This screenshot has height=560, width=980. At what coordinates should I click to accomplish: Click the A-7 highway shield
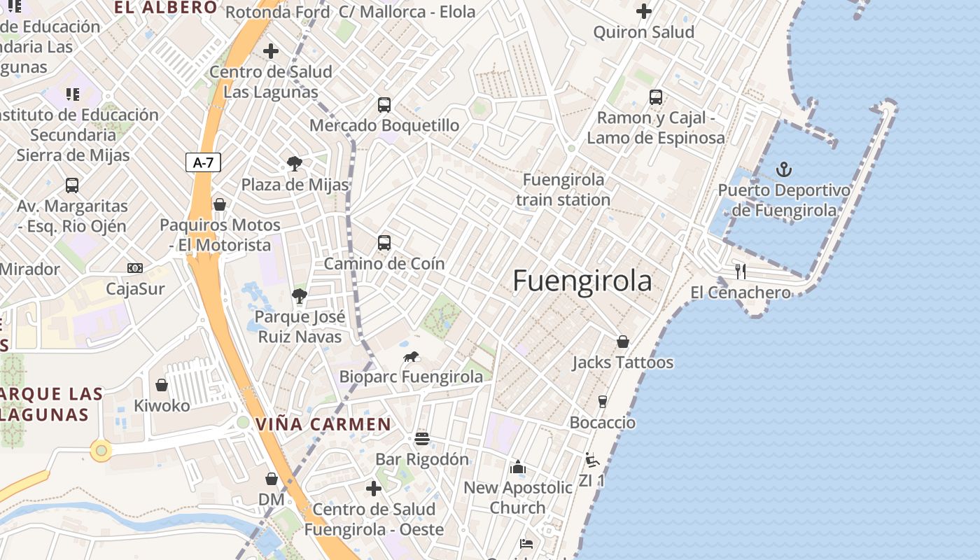[203, 163]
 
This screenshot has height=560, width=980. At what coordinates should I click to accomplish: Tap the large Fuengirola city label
[582, 281]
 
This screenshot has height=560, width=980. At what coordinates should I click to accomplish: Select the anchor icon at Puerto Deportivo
[785, 169]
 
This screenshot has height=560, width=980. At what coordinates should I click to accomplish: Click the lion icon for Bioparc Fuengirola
[411, 357]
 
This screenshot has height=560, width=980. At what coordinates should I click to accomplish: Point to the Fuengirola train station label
[563, 190]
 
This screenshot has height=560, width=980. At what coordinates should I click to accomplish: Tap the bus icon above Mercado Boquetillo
[384, 105]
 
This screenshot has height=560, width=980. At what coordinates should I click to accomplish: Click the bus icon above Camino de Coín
[384, 243]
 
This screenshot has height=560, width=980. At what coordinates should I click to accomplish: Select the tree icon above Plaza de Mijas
[295, 164]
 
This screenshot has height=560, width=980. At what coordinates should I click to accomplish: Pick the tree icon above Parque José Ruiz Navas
[300, 296]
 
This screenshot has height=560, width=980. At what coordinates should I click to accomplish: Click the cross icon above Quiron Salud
[644, 11]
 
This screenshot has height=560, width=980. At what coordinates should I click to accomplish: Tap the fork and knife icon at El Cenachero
[741, 272]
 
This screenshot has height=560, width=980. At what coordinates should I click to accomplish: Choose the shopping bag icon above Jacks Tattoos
[622, 342]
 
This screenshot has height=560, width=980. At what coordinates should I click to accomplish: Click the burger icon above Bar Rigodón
[421, 439]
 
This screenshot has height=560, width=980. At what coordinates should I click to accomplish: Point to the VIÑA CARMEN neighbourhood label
[323, 424]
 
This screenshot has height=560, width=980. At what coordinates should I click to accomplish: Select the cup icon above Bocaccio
[602, 402]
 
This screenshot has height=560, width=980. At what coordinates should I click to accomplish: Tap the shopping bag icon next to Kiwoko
[162, 385]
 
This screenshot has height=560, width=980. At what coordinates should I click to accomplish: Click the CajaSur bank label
[135, 288]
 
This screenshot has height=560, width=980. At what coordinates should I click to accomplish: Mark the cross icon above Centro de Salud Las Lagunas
[271, 51]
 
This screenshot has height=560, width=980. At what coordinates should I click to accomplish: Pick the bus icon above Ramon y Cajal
[656, 97]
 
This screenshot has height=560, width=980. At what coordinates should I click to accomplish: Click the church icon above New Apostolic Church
[518, 467]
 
